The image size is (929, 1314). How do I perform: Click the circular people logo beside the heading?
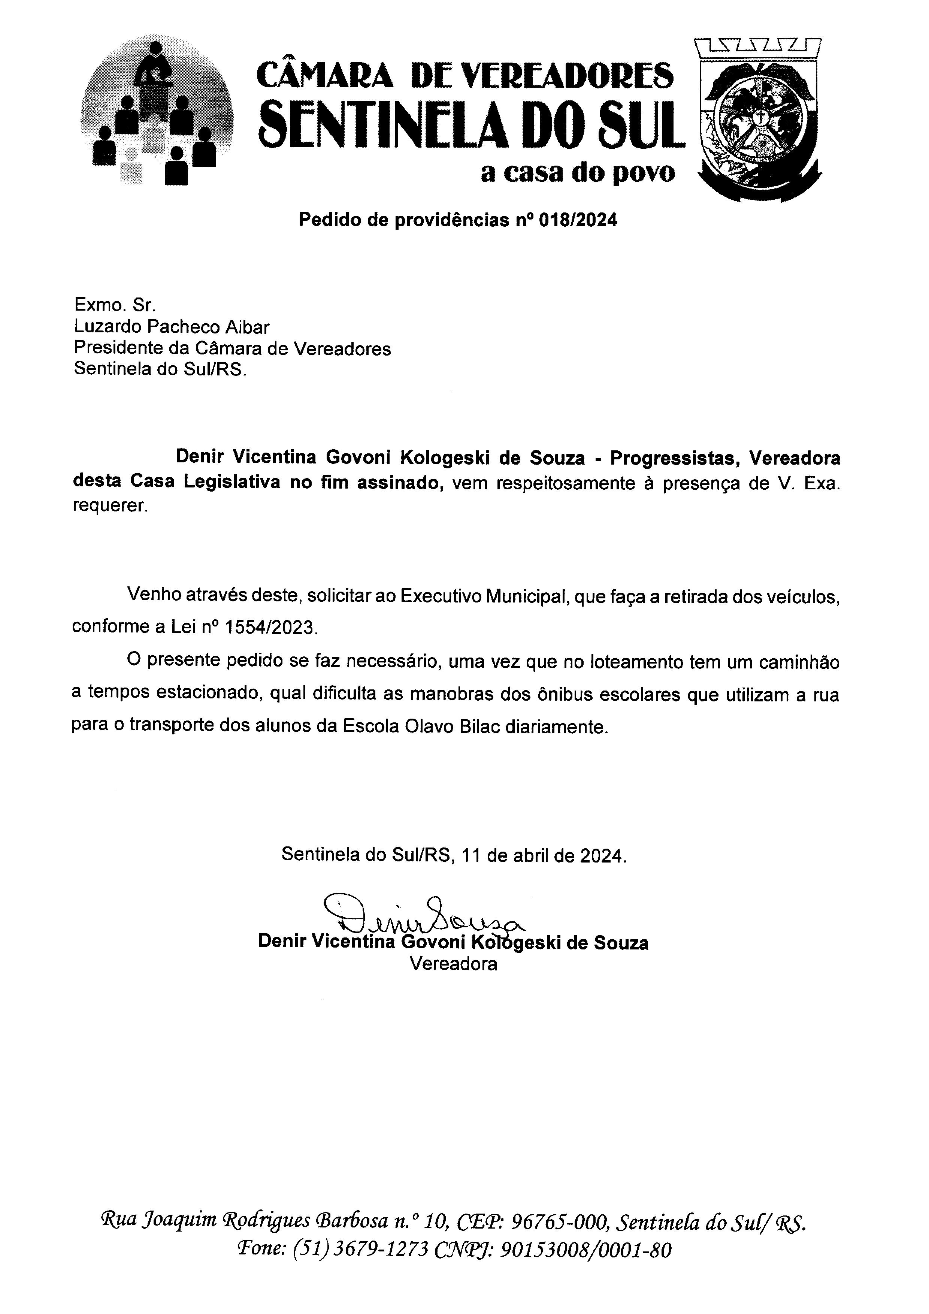point(157,110)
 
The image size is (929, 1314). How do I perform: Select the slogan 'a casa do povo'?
point(578,173)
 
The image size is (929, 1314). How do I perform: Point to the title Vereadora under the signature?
point(453,964)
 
